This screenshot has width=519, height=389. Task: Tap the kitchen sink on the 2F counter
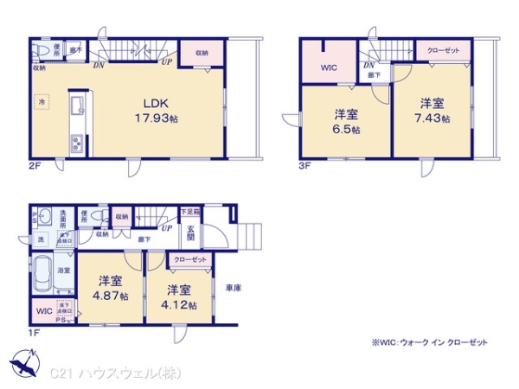[x=76, y=107]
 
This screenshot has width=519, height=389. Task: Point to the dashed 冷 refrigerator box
[x=41, y=102]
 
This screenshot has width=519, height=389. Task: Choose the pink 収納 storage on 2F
[x=202, y=52]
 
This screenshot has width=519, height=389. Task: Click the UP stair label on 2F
[x=165, y=61]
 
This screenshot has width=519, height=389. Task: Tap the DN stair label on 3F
[x=368, y=66]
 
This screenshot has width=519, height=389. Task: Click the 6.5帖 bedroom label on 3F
[x=348, y=122]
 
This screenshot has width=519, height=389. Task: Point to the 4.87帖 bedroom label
[x=112, y=288]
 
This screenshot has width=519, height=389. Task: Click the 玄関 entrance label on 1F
[x=191, y=233]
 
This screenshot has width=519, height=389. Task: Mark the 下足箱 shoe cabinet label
[x=189, y=212]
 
